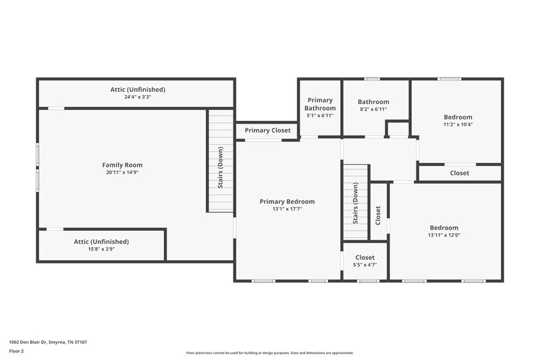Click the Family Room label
(122, 165)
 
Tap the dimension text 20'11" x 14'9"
(122, 172)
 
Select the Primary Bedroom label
(287, 201)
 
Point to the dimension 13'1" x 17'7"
(287, 209)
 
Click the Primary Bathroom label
(320, 104)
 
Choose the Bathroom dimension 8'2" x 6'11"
(373, 109)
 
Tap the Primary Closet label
(267, 130)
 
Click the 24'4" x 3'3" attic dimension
(138, 97)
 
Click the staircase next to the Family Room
(220, 162)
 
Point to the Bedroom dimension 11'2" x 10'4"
(458, 124)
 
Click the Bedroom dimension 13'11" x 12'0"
(443, 235)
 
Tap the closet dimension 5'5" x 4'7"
(364, 265)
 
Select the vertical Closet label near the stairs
(378, 215)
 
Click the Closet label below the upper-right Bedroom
(459, 173)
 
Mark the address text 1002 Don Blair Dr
(48, 342)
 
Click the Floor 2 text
(17, 351)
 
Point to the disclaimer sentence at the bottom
(270, 353)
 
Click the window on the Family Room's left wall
(38, 168)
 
